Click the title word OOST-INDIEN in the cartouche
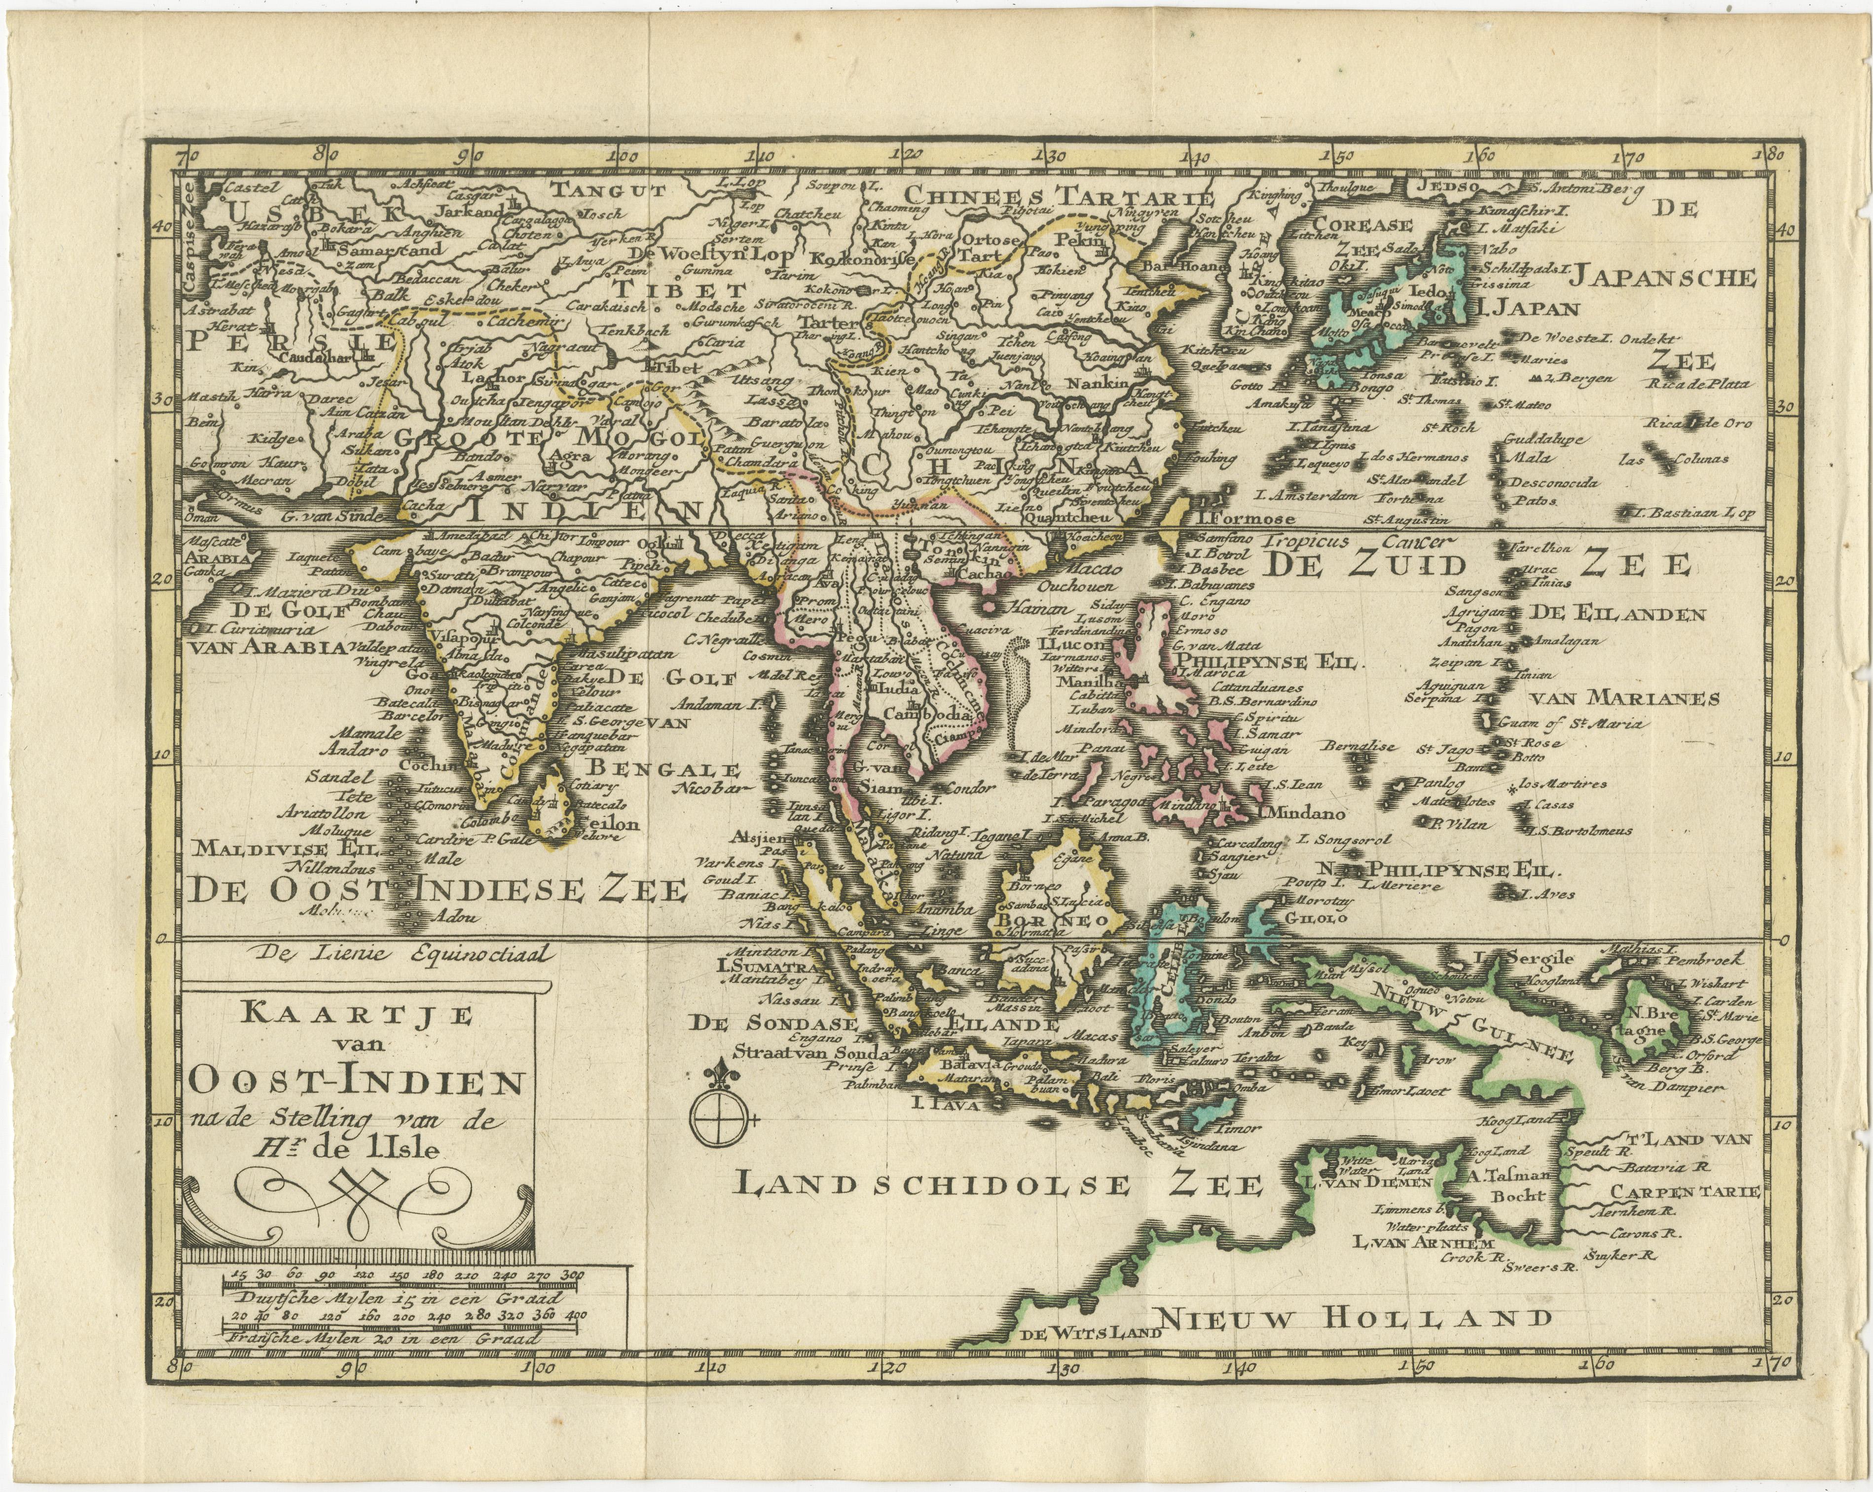[x=355, y=1083]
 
